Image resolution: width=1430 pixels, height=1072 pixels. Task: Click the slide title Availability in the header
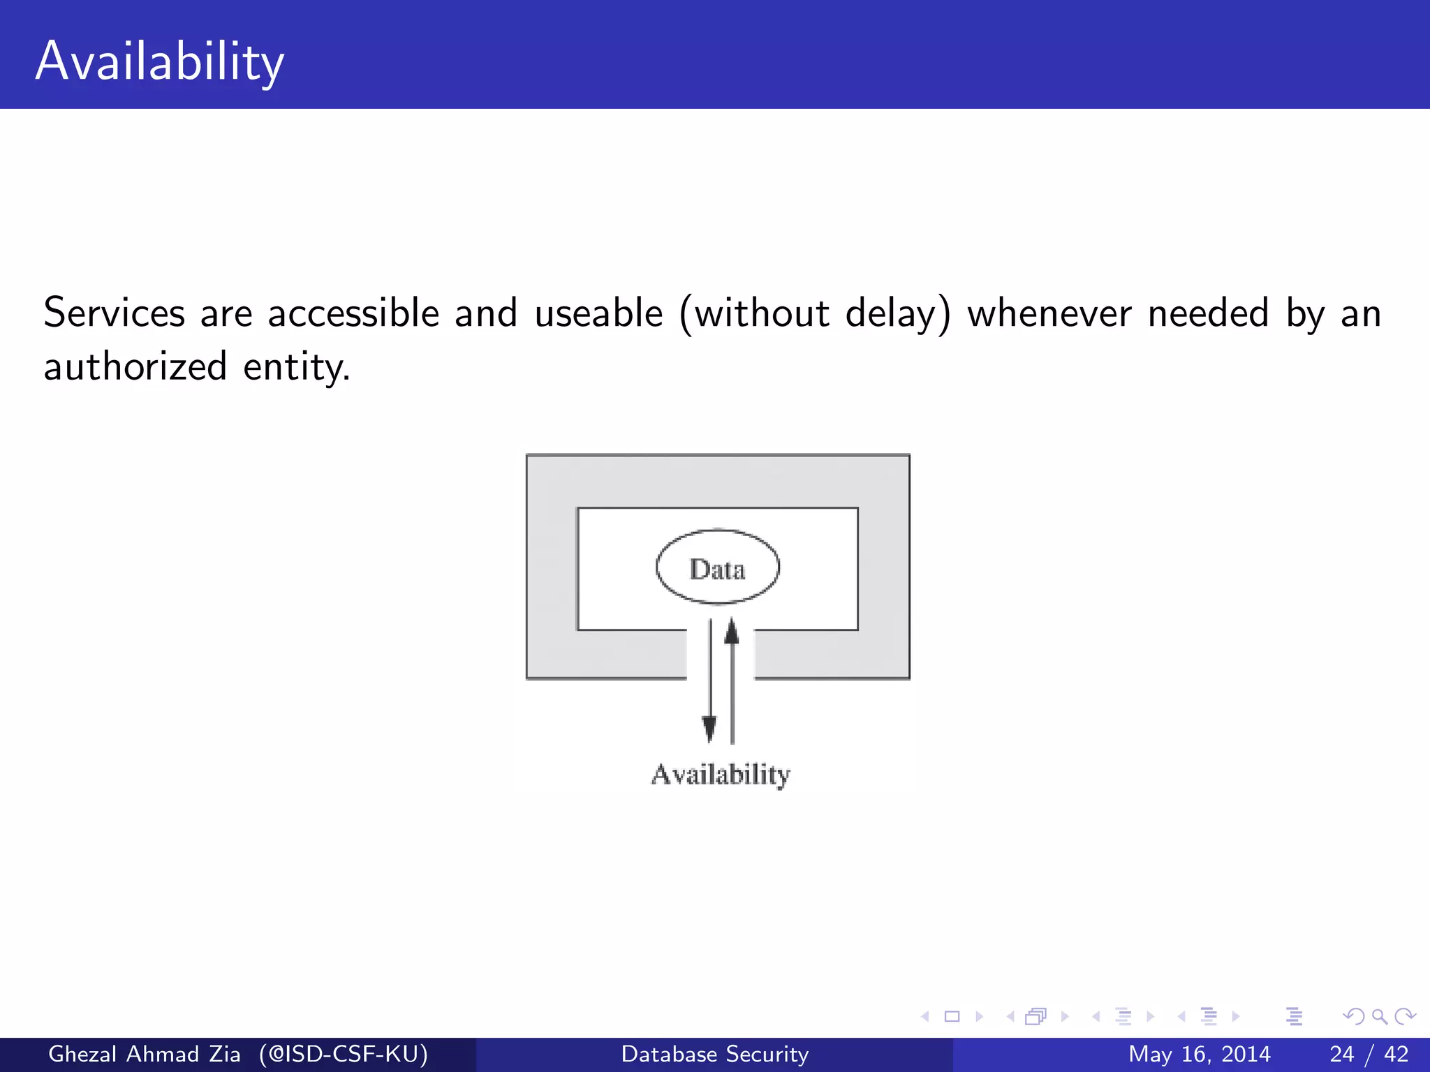[x=160, y=61]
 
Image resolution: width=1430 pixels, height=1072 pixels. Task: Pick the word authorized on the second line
[x=135, y=366]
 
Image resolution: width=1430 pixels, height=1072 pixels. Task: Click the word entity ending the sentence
[x=295, y=367]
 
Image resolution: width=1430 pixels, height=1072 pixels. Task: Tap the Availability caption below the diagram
[x=720, y=774]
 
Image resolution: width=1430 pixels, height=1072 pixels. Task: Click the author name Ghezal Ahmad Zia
[x=144, y=1054]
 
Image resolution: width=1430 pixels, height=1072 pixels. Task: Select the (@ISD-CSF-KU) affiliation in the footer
[x=343, y=1054]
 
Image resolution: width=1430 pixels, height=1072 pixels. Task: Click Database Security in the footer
[x=714, y=1054]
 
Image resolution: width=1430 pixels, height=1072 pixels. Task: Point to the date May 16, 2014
[x=1199, y=1054]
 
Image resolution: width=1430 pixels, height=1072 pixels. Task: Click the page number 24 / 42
[x=1369, y=1054]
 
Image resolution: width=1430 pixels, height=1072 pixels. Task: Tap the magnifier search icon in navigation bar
[x=1379, y=1016]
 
